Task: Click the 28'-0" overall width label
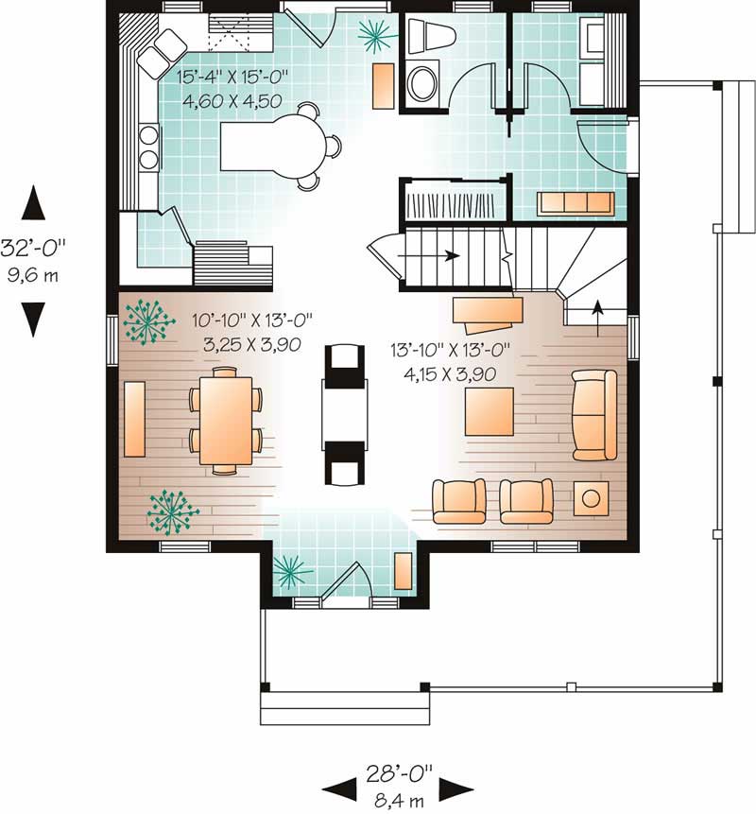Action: click(x=398, y=773)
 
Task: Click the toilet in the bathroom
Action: click(x=431, y=37)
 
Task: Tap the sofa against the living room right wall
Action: click(x=594, y=415)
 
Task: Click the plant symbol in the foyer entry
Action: click(x=292, y=571)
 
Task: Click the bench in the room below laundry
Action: click(x=576, y=203)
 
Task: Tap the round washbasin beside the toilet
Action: click(x=421, y=81)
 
